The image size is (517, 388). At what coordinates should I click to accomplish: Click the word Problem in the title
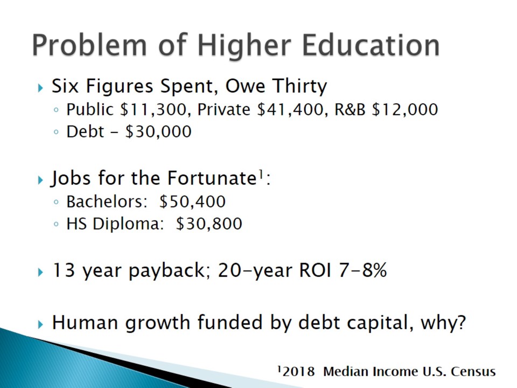[x=89, y=45]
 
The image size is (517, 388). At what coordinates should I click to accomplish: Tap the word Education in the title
[x=371, y=45]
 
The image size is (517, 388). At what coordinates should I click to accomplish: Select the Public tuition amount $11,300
[x=153, y=109]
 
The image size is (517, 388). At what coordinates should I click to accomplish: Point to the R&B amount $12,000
[x=405, y=109]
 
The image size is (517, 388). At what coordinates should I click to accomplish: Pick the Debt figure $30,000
[x=158, y=131]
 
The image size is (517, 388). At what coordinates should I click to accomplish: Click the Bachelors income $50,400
[x=193, y=201]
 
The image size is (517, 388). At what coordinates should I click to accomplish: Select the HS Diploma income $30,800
[x=209, y=223]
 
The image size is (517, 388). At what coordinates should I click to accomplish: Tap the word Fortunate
[x=211, y=178]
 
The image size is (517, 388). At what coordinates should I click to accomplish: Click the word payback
[x=167, y=271]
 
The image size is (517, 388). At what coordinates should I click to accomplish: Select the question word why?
[x=443, y=322]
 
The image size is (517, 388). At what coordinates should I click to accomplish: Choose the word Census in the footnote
[x=473, y=371]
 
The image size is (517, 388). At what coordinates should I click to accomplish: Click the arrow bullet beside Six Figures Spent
[x=40, y=88]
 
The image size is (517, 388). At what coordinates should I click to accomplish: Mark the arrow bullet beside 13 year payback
[x=40, y=272]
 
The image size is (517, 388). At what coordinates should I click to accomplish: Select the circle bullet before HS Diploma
[x=56, y=224]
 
